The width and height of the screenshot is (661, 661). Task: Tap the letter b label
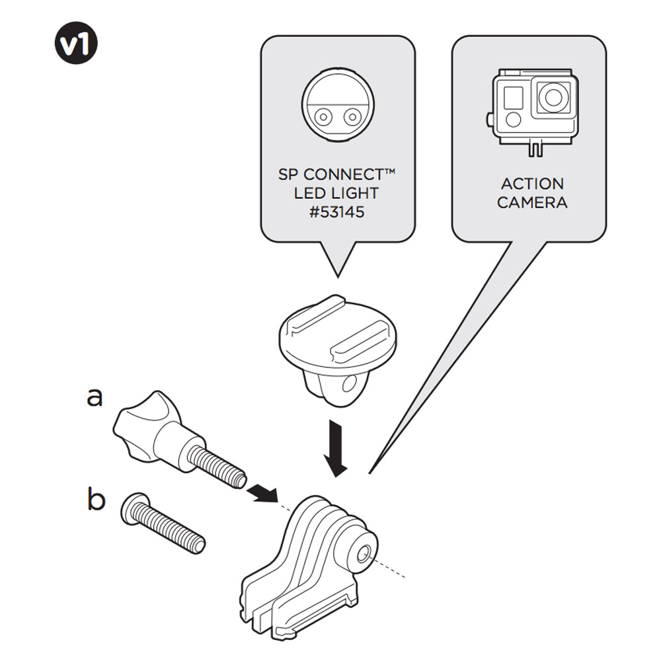point(97,500)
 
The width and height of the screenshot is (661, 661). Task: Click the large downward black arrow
point(338,449)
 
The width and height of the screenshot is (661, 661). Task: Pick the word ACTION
point(532,184)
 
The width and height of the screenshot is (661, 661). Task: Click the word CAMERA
point(532,202)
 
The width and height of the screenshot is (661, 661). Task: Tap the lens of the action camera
point(552,98)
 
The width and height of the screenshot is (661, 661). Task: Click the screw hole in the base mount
point(364,553)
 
